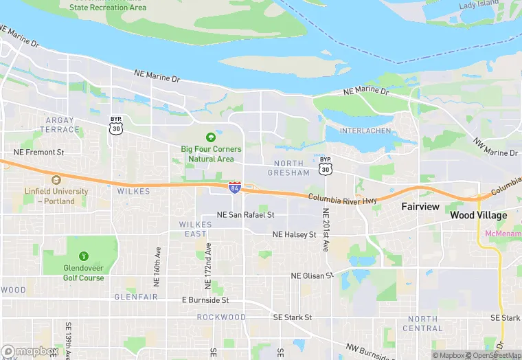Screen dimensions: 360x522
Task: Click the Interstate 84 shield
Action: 235,186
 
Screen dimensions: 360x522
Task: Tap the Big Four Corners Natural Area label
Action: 212,154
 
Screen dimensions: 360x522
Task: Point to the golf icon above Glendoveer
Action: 84,256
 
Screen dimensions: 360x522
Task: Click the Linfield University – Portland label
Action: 56,196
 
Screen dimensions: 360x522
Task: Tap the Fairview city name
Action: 420,206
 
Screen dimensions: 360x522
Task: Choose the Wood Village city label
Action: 479,215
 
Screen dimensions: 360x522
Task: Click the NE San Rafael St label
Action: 245,214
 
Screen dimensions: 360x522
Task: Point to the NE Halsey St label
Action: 294,234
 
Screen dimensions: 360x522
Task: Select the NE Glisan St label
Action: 311,275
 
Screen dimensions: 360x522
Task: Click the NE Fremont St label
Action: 39,152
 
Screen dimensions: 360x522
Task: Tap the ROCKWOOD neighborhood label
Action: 221,317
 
